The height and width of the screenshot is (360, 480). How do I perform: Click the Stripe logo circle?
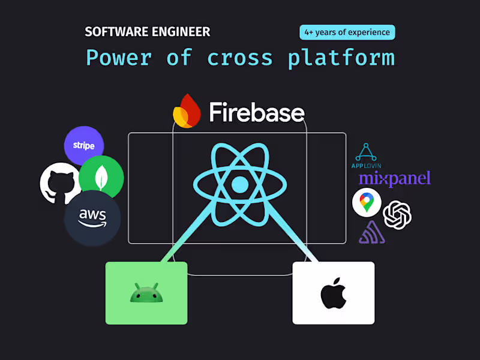[x=84, y=146]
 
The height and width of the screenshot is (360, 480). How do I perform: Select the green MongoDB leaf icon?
[x=101, y=178]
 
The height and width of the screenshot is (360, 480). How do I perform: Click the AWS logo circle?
[x=92, y=218]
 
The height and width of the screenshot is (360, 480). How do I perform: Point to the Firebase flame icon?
[x=186, y=110]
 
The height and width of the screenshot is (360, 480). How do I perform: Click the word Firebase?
[x=256, y=112]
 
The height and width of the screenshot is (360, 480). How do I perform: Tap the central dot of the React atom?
[x=239, y=184]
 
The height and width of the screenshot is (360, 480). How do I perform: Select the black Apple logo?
[x=333, y=293]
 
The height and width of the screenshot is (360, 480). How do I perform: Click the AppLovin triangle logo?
[x=366, y=153]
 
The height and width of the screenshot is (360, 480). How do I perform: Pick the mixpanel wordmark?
[x=394, y=178]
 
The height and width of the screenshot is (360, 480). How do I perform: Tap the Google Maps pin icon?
[x=367, y=202]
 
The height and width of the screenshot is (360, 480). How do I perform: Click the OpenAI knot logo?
[x=397, y=214]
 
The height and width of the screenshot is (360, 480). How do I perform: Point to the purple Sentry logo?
[x=371, y=232]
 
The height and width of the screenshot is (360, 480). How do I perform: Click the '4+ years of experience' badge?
[x=347, y=32]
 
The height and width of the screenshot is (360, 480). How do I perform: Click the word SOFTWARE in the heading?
[x=112, y=32]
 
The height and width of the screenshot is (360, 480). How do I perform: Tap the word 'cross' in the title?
[x=239, y=58]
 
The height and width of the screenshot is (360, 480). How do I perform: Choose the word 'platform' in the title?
[x=341, y=58]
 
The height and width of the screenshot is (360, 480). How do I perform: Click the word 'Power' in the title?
[x=119, y=58]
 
